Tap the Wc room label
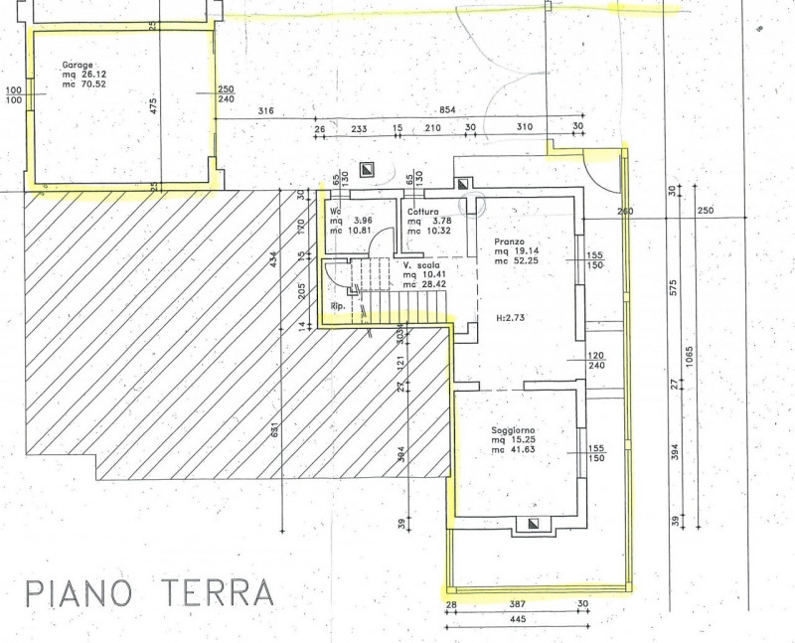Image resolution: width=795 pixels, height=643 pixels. point(335,211)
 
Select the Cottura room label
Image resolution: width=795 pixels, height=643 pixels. point(422,211)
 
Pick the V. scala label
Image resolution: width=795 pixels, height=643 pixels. point(421,265)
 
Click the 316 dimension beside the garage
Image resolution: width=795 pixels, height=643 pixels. point(265,110)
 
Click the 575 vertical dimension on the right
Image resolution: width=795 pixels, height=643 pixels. point(673,288)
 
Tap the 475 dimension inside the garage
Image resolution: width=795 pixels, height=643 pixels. point(154,106)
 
